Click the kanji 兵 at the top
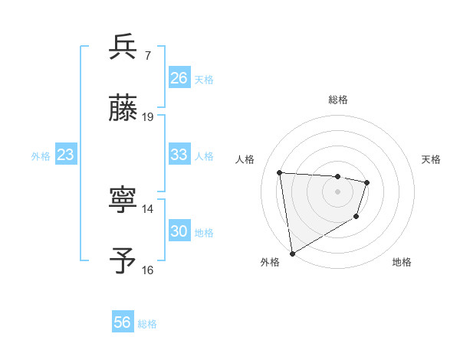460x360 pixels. [x=123, y=47]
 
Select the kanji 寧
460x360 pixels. [x=123, y=200]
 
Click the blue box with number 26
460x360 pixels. [x=179, y=78]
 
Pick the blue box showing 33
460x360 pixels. [x=179, y=155]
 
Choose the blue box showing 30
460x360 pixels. [x=179, y=231]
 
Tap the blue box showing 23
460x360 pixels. [x=66, y=155]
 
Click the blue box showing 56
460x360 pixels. [x=122, y=322]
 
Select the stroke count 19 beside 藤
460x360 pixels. [x=148, y=117]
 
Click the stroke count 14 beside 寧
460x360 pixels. [x=148, y=208]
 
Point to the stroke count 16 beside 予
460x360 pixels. [x=148, y=270]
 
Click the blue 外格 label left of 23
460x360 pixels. [x=41, y=155]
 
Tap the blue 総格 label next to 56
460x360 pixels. [x=147, y=323]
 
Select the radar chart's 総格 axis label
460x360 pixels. [x=337, y=100]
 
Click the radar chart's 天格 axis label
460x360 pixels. [x=432, y=159]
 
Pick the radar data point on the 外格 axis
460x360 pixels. [x=292, y=253]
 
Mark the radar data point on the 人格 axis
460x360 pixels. [x=280, y=172]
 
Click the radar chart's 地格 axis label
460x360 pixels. [x=402, y=262]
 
